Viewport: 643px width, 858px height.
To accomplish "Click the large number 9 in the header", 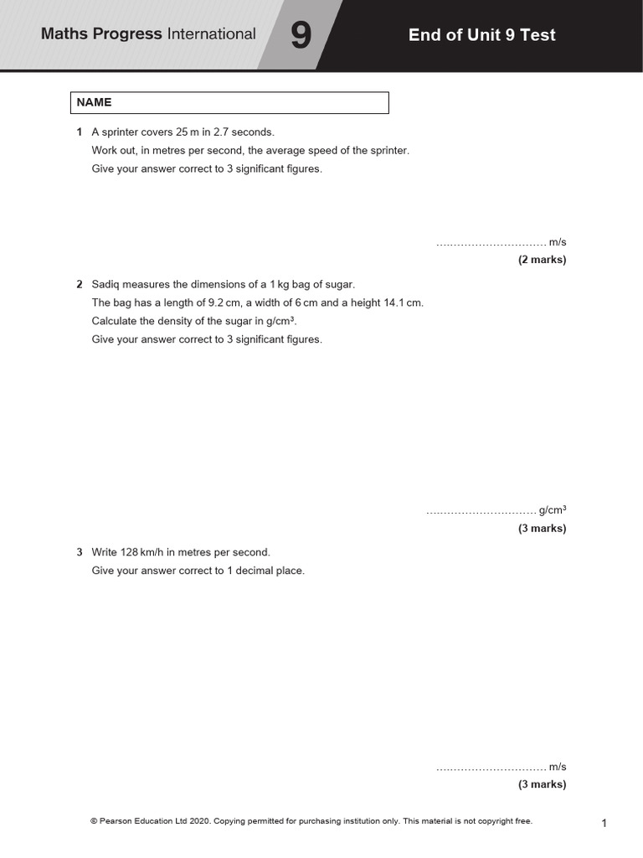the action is click(301, 36).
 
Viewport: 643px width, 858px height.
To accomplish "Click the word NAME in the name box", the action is click(94, 102).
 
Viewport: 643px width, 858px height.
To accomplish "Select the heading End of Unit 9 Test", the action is click(481, 35).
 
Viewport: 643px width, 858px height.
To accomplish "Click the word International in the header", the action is click(212, 34).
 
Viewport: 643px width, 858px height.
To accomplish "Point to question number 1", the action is click(79, 132).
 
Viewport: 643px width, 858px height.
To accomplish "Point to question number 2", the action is click(79, 285).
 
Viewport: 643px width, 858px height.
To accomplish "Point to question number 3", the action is click(79, 553).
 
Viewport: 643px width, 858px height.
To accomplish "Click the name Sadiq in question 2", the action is click(105, 285).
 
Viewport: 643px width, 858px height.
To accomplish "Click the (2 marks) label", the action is click(542, 260).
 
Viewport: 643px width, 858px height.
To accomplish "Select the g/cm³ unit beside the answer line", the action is click(553, 509).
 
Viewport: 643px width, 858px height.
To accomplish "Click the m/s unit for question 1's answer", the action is click(558, 242).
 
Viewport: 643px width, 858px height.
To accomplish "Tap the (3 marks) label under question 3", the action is click(542, 785).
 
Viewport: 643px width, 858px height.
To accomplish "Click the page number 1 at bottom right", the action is click(604, 824).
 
